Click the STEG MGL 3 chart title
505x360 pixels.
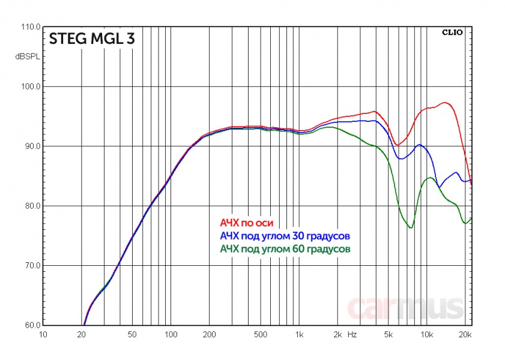coord(91,39)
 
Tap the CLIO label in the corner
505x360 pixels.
coord(452,32)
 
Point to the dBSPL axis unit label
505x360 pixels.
coord(27,58)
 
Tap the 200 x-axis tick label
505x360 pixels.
coord(209,334)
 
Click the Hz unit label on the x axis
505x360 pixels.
coord(354,334)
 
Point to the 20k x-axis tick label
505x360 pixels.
coord(464,334)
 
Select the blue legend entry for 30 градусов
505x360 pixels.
coord(285,235)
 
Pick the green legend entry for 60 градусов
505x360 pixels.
coord(285,248)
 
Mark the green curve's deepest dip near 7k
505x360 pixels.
coord(410,227)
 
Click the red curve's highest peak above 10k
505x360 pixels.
coord(445,103)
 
